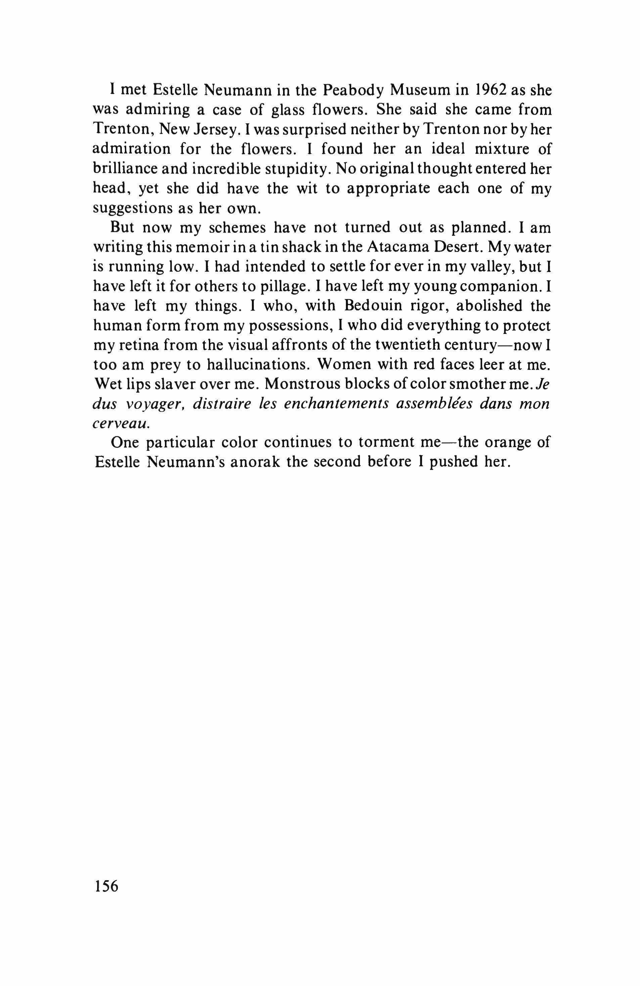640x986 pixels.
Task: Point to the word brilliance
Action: click(x=123, y=169)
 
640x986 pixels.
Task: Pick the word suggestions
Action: click(x=132, y=208)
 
